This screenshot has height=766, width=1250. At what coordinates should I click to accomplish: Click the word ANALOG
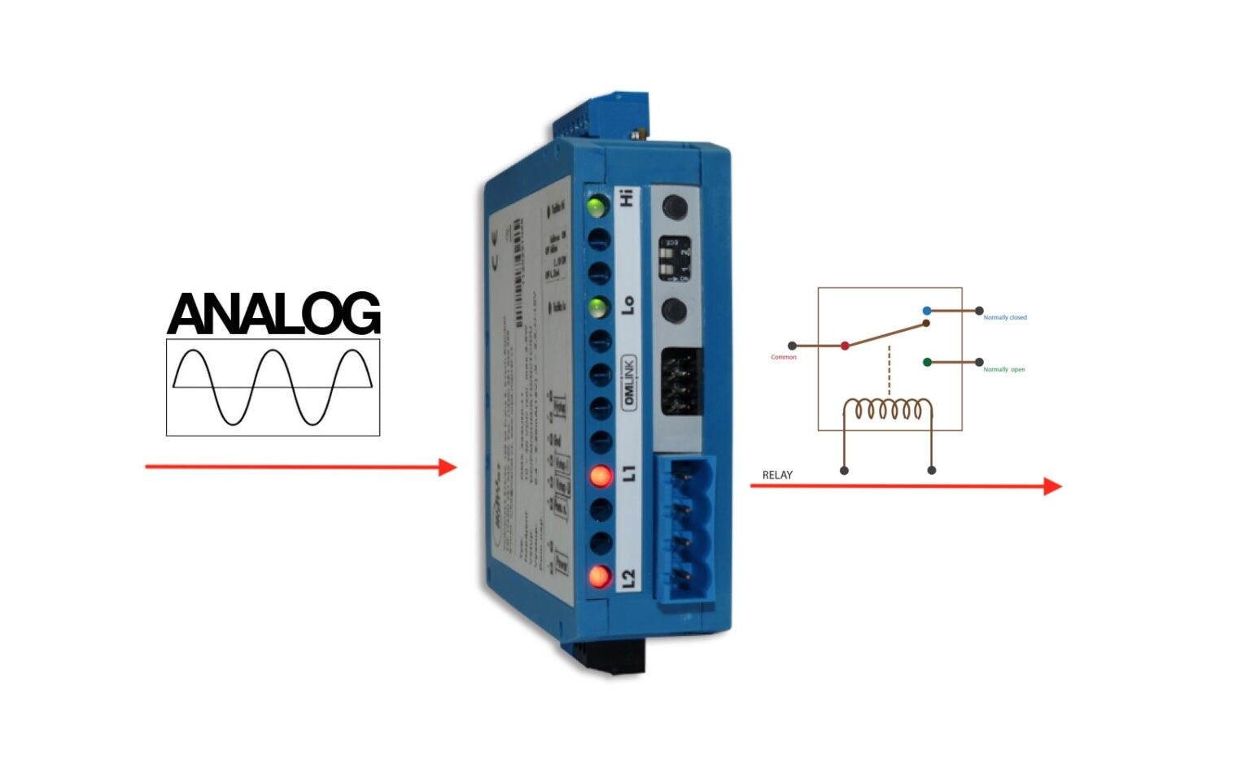273,314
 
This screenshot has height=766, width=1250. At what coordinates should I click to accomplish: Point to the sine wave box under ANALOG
273,387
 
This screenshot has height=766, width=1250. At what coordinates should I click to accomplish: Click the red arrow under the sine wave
300,467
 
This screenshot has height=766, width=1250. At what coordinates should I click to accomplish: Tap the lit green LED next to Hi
597,206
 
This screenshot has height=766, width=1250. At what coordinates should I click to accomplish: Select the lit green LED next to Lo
598,308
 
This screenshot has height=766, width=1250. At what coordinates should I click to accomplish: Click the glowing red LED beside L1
601,476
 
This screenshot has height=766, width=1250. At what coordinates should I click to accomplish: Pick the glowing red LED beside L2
600,577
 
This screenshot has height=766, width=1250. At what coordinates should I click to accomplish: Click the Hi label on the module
626,198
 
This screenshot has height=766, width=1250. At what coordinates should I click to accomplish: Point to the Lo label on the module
627,305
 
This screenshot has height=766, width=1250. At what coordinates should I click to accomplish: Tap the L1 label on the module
628,473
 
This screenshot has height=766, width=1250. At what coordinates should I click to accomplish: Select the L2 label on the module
628,578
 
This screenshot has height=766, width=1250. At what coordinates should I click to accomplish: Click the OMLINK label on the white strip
629,382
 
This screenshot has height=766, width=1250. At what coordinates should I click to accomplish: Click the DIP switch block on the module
675,259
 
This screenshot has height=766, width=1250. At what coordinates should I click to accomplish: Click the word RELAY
777,475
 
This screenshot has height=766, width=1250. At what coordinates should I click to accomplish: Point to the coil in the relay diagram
887,408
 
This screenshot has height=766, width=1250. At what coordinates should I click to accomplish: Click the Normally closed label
1005,317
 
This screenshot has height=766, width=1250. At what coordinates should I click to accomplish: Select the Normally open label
1004,369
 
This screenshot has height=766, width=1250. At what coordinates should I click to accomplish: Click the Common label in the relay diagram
784,357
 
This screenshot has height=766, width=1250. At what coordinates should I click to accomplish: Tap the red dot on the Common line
845,346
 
